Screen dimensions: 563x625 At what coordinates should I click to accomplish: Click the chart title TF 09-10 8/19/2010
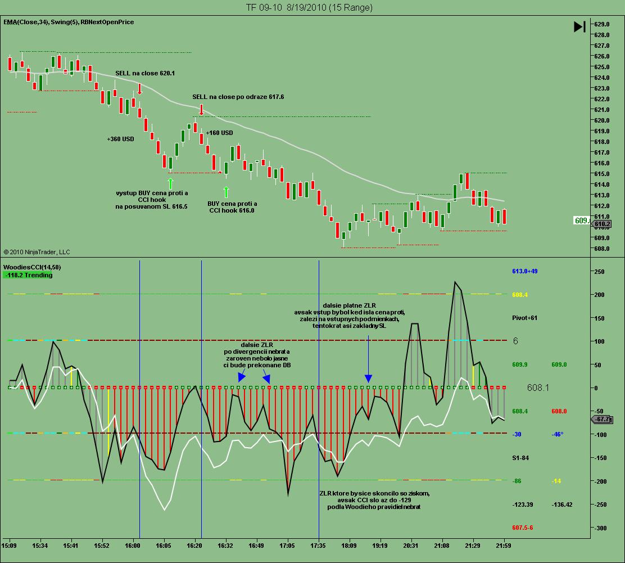309,7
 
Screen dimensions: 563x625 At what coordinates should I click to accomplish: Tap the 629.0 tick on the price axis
602,24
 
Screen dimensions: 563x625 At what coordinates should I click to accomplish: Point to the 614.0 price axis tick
602,184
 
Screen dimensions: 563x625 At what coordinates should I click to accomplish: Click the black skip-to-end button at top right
580,26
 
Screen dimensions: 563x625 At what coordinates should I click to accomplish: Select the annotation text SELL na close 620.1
145,73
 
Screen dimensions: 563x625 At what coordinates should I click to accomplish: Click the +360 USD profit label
120,139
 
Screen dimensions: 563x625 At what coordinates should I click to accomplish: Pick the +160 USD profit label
219,133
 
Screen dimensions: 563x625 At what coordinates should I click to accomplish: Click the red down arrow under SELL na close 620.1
139,88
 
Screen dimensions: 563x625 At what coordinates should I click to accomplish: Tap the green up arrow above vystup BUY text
170,183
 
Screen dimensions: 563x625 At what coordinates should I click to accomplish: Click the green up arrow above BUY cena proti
226,192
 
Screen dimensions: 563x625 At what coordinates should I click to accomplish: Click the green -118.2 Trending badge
28,275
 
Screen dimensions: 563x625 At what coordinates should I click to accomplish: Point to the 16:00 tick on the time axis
133,545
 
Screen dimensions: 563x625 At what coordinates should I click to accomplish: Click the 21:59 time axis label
504,545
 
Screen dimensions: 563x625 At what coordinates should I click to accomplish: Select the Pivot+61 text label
524,318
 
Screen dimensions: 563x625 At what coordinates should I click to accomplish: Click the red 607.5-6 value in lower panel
522,528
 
